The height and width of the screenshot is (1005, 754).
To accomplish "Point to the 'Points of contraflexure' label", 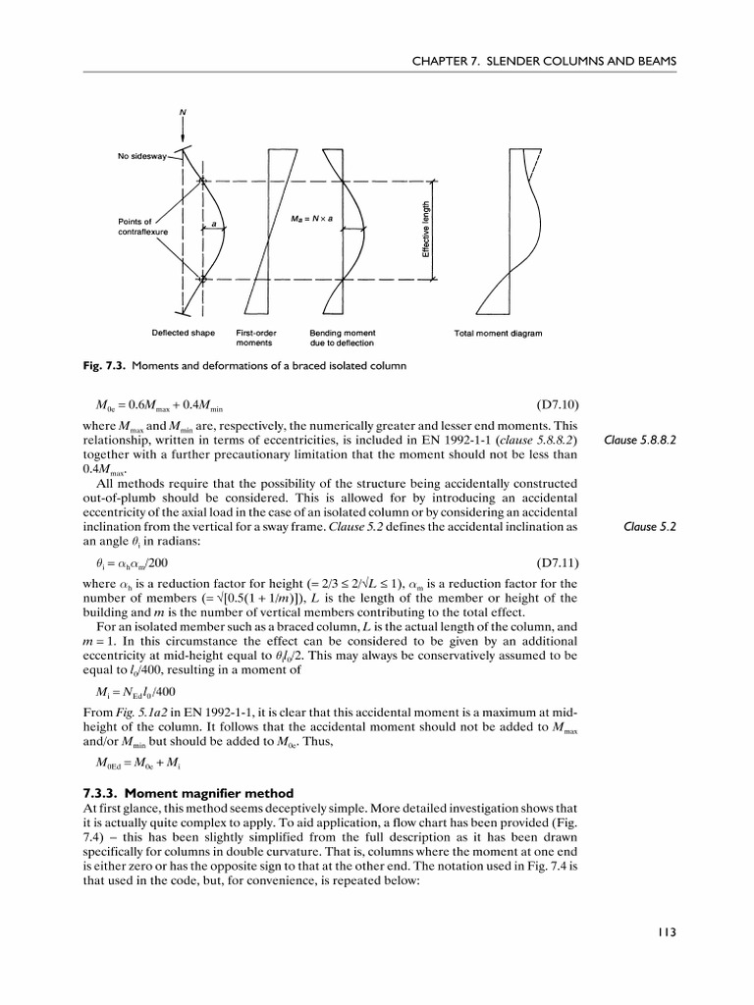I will coord(135,228).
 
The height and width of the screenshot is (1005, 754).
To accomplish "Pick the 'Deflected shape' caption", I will coord(183,333).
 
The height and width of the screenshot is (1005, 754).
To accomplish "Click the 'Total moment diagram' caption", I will coord(498,333).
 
